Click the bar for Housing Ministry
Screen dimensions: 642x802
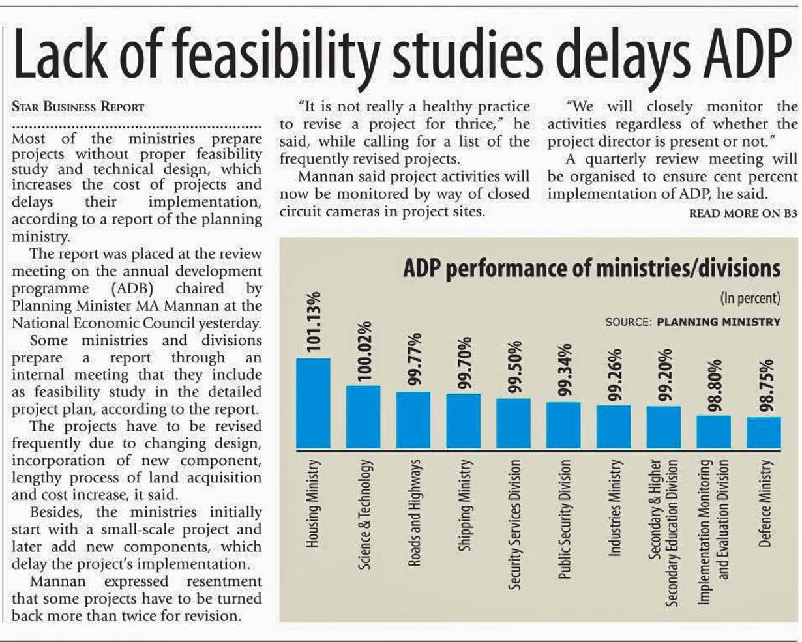click(313, 403)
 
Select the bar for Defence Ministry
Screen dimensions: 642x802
click(764, 433)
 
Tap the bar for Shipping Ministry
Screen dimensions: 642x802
click(464, 421)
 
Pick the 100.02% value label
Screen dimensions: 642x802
click(364, 351)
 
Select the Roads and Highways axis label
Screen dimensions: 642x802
click(413, 512)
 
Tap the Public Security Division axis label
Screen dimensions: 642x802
click(564, 519)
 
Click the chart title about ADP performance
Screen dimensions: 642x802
click(591, 268)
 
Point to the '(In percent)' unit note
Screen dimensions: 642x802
click(750, 299)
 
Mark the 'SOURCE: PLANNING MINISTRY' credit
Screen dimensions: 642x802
click(692, 321)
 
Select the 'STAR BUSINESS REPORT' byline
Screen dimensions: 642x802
click(78, 106)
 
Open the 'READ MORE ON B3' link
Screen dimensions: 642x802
click(743, 213)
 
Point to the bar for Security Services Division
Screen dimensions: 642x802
click(514, 424)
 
